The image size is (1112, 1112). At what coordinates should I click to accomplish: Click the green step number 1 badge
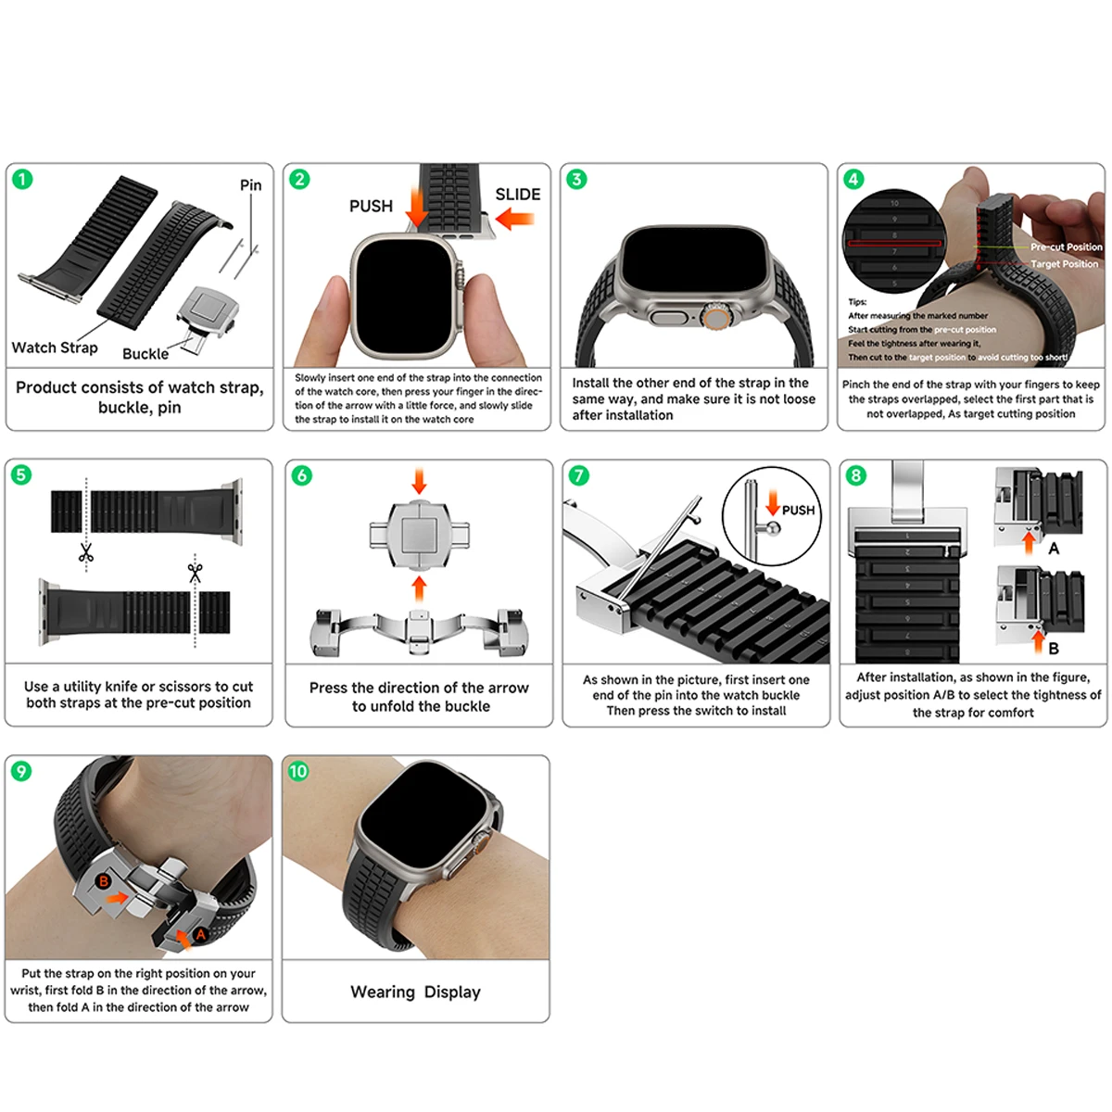(22, 179)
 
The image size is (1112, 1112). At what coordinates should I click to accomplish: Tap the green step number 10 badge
(298, 771)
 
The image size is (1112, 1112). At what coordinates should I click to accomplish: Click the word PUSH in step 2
(371, 206)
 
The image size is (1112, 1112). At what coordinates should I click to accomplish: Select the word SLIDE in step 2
(517, 195)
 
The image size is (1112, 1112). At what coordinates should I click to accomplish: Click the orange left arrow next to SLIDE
(515, 220)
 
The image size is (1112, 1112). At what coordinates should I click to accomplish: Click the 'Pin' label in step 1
(250, 185)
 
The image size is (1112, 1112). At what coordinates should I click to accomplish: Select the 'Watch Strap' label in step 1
(55, 347)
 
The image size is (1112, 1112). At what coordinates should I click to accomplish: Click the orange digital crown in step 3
(714, 318)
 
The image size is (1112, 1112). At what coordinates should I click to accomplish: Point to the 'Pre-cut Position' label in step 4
(1066, 247)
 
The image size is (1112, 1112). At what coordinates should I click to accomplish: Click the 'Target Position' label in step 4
(1064, 264)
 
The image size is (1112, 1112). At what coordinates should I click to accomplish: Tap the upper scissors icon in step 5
(86, 553)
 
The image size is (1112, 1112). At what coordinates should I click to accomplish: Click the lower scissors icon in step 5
(195, 572)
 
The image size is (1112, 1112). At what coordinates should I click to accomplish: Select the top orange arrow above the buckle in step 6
(419, 480)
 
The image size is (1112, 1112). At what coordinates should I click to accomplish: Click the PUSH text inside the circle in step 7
(798, 511)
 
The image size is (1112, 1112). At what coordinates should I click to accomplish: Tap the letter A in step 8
(1053, 549)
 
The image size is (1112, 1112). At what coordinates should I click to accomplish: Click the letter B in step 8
(1053, 649)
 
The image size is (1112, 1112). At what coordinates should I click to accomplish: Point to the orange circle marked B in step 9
(104, 881)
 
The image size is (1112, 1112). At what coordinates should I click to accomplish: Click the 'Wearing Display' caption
(415, 992)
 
